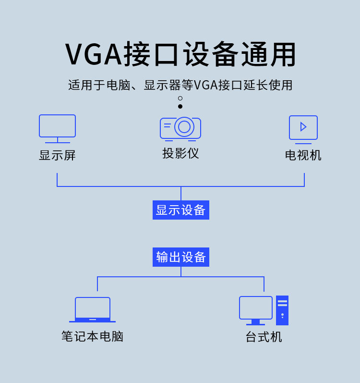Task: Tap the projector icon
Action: pyautogui.click(x=180, y=128)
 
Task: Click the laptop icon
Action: pyautogui.click(x=93, y=310)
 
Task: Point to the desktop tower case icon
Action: pyautogui.click(x=282, y=310)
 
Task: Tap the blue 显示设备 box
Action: pyautogui.click(x=181, y=210)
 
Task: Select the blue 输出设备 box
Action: pyautogui.click(x=181, y=257)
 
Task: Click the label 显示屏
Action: pyautogui.click(x=57, y=155)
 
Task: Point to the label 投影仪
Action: pyautogui.click(x=180, y=153)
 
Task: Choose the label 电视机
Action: pyautogui.click(x=303, y=155)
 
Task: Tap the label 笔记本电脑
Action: pyautogui.click(x=93, y=336)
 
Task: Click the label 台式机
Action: pyautogui.click(x=264, y=337)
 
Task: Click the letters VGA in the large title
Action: pyautogui.click(x=94, y=54)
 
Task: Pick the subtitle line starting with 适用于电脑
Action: pyautogui.click(x=180, y=85)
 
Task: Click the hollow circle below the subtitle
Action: pyautogui.click(x=180, y=99)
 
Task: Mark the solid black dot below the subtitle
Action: pyautogui.click(x=180, y=107)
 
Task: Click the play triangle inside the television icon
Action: pyautogui.click(x=303, y=127)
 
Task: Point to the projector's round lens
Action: pyautogui.click(x=184, y=127)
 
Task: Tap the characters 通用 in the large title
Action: pyautogui.click(x=269, y=54)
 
